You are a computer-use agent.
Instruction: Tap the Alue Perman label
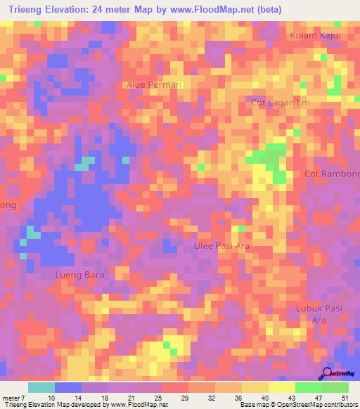154,84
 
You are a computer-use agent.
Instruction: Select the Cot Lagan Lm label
281,103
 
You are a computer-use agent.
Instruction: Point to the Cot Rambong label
333,174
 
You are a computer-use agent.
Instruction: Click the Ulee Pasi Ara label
221,247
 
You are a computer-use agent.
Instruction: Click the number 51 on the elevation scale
344,397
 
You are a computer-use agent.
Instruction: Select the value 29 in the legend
184,397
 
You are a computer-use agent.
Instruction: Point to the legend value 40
264,397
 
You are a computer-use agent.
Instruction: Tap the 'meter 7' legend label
15,397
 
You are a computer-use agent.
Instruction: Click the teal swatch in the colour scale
41,387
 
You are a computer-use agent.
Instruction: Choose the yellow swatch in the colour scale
282,387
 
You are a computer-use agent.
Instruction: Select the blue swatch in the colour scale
68,387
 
